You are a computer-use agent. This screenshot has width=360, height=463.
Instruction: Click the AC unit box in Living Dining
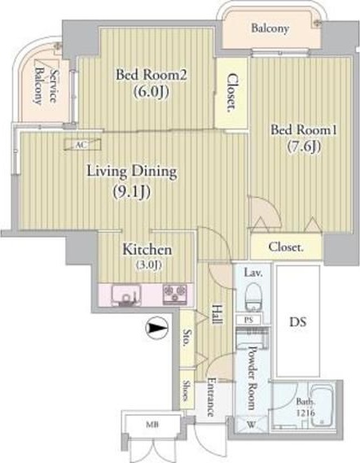83,145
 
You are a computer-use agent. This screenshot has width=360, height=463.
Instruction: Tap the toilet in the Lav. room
253,296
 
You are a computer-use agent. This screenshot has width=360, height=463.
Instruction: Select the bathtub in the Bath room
323,405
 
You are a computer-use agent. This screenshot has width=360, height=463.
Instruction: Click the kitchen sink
126,295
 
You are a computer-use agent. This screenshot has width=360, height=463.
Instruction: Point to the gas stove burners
174,294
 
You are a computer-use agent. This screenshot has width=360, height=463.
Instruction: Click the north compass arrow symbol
156,328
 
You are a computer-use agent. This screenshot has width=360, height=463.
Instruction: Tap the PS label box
248,320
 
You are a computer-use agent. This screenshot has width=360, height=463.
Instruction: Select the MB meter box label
153,425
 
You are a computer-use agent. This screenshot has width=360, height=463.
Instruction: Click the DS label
297,322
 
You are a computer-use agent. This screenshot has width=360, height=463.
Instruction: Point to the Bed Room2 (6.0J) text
151,83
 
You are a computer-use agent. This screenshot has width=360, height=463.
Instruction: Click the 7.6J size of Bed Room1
304,146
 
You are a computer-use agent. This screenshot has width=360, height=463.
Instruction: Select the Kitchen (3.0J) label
147,256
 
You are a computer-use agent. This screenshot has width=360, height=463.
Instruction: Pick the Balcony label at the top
270,28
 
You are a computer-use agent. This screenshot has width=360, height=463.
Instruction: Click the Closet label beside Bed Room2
233,93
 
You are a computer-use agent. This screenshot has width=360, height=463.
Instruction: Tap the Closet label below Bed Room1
286,247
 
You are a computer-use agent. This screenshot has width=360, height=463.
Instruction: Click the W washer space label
251,426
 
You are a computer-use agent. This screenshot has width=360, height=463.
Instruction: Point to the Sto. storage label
187,337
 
